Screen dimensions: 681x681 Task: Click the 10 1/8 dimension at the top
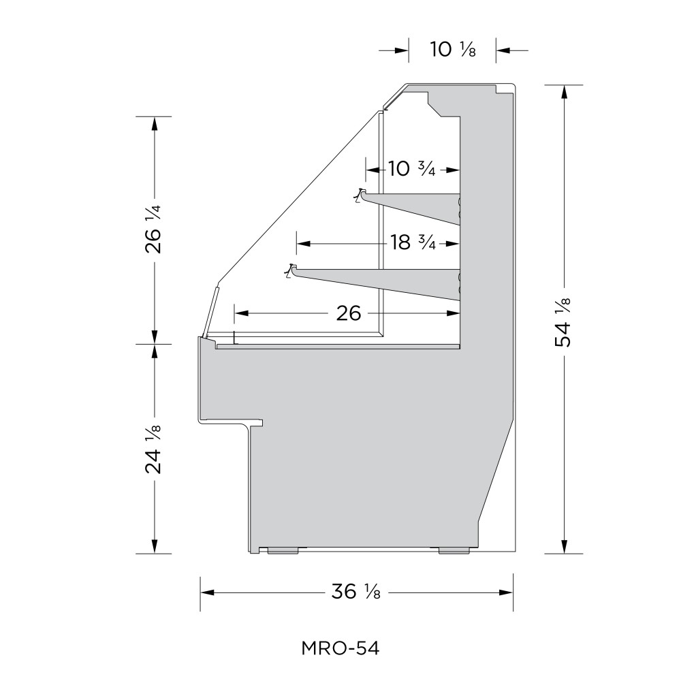(x=453, y=50)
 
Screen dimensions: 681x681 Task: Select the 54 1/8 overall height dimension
(x=563, y=322)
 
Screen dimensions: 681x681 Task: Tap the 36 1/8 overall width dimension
(x=356, y=592)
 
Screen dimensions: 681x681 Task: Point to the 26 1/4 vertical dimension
(x=153, y=228)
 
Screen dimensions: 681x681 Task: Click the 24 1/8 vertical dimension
(x=153, y=449)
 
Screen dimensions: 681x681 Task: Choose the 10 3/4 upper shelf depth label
(x=411, y=168)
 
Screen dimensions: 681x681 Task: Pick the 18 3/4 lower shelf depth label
(x=413, y=242)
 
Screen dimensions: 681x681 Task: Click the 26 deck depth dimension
(x=348, y=313)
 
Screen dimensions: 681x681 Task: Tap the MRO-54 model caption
(x=340, y=648)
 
